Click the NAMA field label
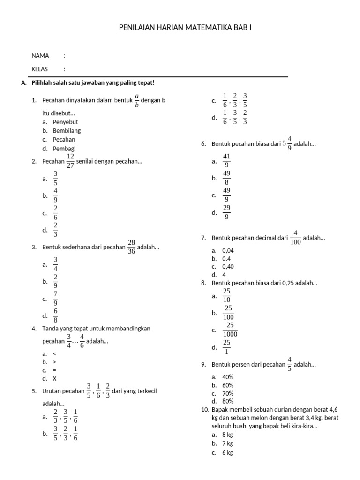click(x=40, y=55)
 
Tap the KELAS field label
click(x=40, y=69)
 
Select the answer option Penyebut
click(x=65, y=122)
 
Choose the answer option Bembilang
click(x=66, y=131)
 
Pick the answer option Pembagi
click(x=64, y=149)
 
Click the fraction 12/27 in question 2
click(x=70, y=161)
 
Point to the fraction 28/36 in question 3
click(x=131, y=247)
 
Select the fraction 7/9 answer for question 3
click(x=55, y=299)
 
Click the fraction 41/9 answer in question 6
click(x=226, y=161)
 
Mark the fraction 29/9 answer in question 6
click(x=226, y=212)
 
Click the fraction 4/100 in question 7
click(x=296, y=238)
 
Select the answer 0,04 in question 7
click(x=228, y=251)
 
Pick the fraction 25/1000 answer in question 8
click(x=230, y=330)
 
